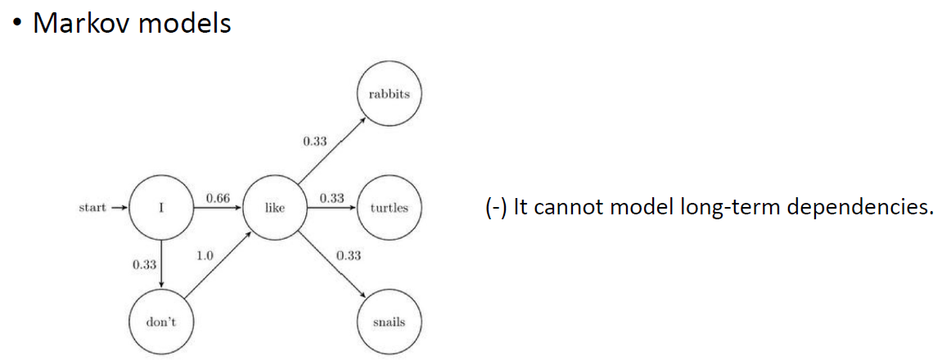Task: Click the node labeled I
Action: click(161, 208)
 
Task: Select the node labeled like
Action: click(275, 208)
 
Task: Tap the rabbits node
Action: click(389, 94)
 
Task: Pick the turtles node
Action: click(389, 208)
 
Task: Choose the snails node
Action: click(389, 322)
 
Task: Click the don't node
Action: click(161, 322)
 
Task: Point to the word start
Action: click(92, 208)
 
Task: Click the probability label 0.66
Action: click(218, 198)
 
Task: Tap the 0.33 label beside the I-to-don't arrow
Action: click(143, 264)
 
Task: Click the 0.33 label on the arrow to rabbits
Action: click(314, 142)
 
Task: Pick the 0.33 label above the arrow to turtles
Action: click(331, 198)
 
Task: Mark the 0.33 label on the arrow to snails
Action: click(348, 255)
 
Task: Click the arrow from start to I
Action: click(119, 208)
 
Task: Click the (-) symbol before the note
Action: click(496, 207)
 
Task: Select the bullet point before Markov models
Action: click(16, 23)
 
